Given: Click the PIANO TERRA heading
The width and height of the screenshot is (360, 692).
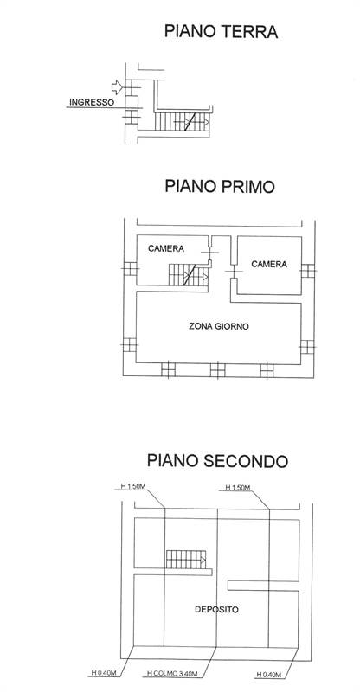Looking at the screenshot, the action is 221,32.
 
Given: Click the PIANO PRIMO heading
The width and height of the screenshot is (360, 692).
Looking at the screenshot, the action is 220,186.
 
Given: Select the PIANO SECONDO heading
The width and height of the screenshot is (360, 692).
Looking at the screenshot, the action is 217,461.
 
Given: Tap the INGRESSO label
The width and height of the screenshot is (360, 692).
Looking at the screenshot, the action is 92,102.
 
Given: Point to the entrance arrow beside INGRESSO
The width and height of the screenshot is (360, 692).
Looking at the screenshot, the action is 117,87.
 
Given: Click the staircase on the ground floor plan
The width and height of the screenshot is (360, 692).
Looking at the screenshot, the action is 182,121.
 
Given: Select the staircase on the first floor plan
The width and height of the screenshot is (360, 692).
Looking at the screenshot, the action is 188,275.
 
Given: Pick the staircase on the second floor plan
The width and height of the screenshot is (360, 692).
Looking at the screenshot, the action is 186,560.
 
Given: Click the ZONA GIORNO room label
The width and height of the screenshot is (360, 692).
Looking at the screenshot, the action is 219,327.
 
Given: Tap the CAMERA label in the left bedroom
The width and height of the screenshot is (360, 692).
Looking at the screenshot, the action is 166,248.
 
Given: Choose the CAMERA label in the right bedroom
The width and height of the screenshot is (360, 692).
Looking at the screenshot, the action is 269,264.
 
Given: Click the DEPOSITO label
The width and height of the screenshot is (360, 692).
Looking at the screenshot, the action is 216,610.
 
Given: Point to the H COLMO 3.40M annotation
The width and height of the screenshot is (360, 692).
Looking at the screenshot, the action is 172,674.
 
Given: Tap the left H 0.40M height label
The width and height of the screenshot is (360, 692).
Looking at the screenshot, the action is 102,674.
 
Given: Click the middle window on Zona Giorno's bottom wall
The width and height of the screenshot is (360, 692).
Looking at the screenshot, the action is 217,370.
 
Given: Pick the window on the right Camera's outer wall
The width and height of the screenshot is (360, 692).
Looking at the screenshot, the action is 308,271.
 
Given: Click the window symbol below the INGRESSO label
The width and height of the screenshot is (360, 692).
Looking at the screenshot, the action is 132,117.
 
